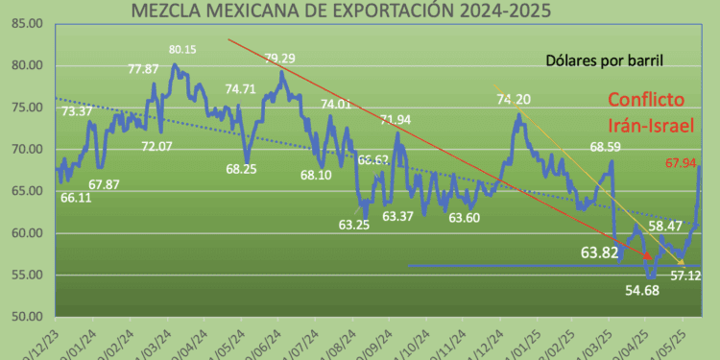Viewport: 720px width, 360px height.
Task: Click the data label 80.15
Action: (x=183, y=49)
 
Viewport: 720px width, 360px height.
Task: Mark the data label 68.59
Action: (x=610, y=148)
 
